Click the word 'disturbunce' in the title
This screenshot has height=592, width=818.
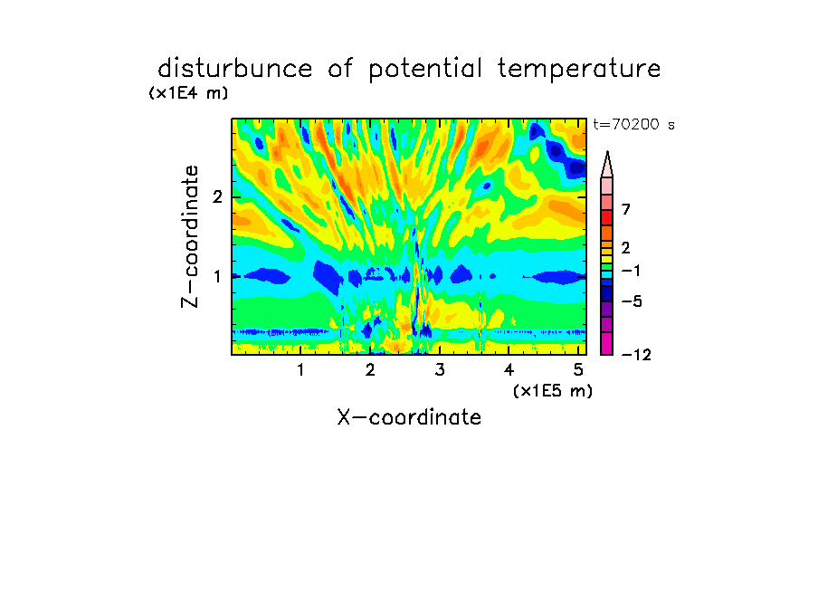pyautogui.click(x=235, y=69)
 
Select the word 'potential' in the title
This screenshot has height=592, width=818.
pyautogui.click(x=425, y=70)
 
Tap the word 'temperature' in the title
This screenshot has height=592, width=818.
pyautogui.click(x=579, y=70)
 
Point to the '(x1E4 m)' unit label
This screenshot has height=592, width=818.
pyautogui.click(x=188, y=93)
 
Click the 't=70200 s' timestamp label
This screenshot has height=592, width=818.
pyautogui.click(x=633, y=124)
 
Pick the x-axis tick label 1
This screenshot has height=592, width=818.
pyautogui.click(x=301, y=369)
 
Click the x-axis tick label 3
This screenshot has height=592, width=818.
pyautogui.click(x=440, y=369)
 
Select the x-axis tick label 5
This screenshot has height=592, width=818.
pyautogui.click(x=578, y=369)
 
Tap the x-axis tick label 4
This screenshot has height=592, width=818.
pyautogui.click(x=509, y=369)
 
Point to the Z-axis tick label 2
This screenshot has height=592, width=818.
pyautogui.click(x=217, y=197)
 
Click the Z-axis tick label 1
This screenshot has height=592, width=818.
pyautogui.click(x=217, y=276)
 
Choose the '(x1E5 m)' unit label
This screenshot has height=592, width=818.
pyautogui.click(x=553, y=391)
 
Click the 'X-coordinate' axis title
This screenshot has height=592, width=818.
pyautogui.click(x=410, y=417)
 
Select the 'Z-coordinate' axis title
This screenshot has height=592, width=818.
pyautogui.click(x=190, y=236)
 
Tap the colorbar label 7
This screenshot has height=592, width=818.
pyautogui.click(x=626, y=209)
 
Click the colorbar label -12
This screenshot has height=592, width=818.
pyautogui.click(x=636, y=355)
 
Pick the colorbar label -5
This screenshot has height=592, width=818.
pyautogui.click(x=632, y=301)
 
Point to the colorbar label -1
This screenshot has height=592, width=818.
pyautogui.click(x=631, y=271)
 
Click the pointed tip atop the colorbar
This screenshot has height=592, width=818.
pyautogui.click(x=607, y=152)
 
